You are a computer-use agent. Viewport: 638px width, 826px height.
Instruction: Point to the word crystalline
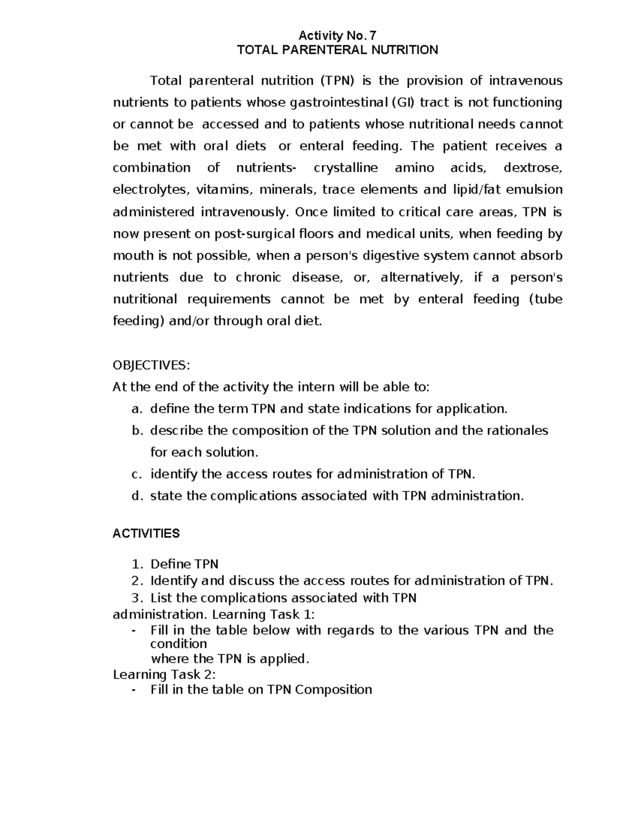(346, 168)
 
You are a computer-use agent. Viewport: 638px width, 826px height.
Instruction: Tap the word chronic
(258, 278)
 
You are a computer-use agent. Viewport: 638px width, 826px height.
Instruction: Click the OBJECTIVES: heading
(151, 365)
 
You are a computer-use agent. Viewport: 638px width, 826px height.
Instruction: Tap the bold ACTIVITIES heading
(146, 533)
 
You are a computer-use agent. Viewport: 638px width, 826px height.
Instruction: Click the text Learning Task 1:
(263, 614)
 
